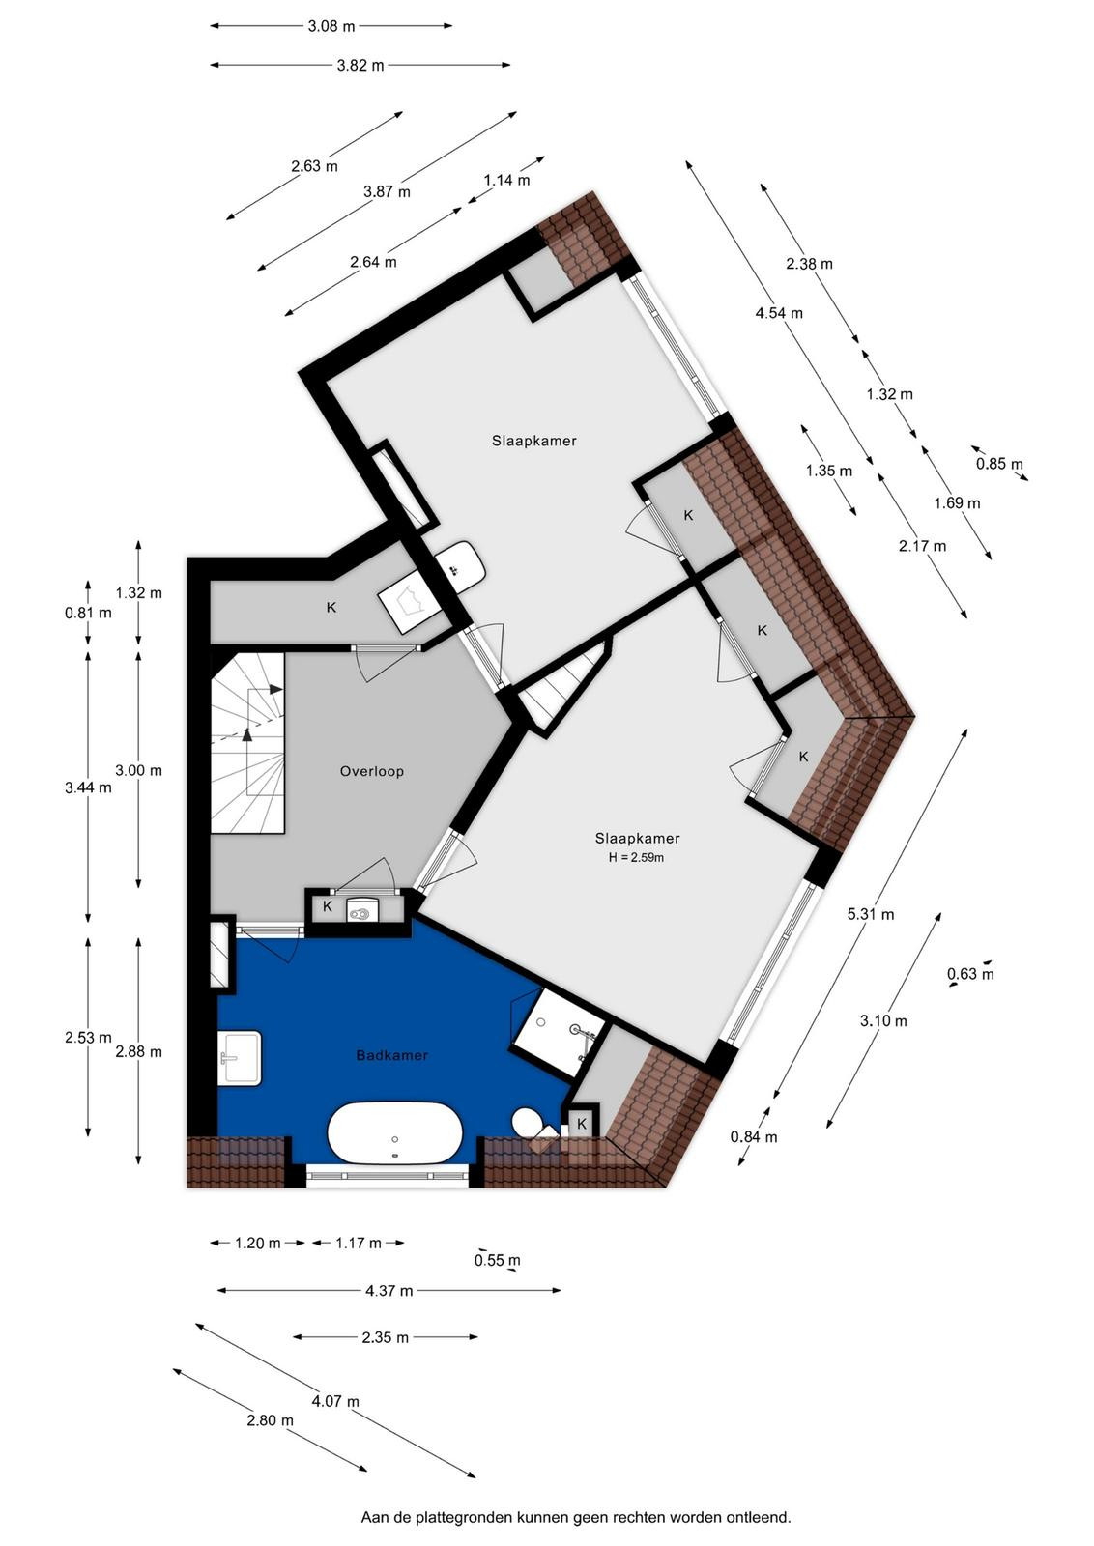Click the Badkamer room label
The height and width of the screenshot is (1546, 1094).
392,1055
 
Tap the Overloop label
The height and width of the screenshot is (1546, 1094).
371,771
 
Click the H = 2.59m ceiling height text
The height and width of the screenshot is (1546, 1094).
636,858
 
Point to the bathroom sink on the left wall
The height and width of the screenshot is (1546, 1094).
241,1057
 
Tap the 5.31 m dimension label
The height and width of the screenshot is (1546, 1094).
871,914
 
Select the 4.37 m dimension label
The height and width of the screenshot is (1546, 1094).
389,1290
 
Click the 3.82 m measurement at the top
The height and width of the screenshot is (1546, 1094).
360,65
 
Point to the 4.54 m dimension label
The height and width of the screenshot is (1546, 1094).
779,313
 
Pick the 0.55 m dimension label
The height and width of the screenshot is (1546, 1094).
497,1260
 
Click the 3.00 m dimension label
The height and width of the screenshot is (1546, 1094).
139,770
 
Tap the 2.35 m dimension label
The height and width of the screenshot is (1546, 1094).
386,1337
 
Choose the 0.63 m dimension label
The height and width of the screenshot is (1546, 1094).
970,974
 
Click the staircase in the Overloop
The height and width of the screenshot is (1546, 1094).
247,743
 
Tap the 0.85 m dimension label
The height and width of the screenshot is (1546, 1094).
999,464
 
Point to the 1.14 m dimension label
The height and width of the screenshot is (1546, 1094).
506,180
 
